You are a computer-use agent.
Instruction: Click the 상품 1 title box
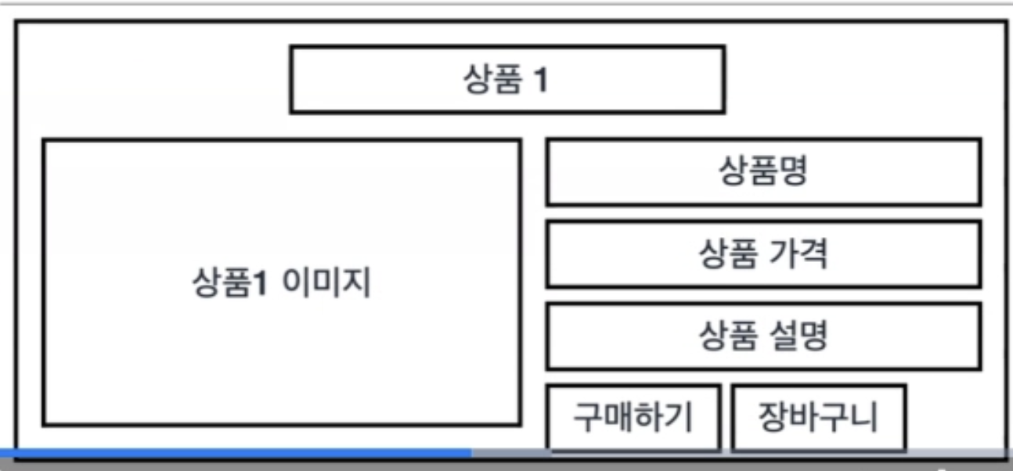506,80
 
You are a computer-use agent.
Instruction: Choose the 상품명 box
762,172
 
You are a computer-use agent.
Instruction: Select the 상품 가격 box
762,254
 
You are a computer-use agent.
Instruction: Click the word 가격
795,254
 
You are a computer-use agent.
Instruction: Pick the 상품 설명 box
762,336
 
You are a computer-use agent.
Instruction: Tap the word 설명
795,336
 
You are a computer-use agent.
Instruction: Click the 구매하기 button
633,417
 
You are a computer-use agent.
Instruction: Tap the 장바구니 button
818,417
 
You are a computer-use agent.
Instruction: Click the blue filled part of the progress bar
235,453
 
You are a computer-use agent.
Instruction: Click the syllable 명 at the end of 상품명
791,172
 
